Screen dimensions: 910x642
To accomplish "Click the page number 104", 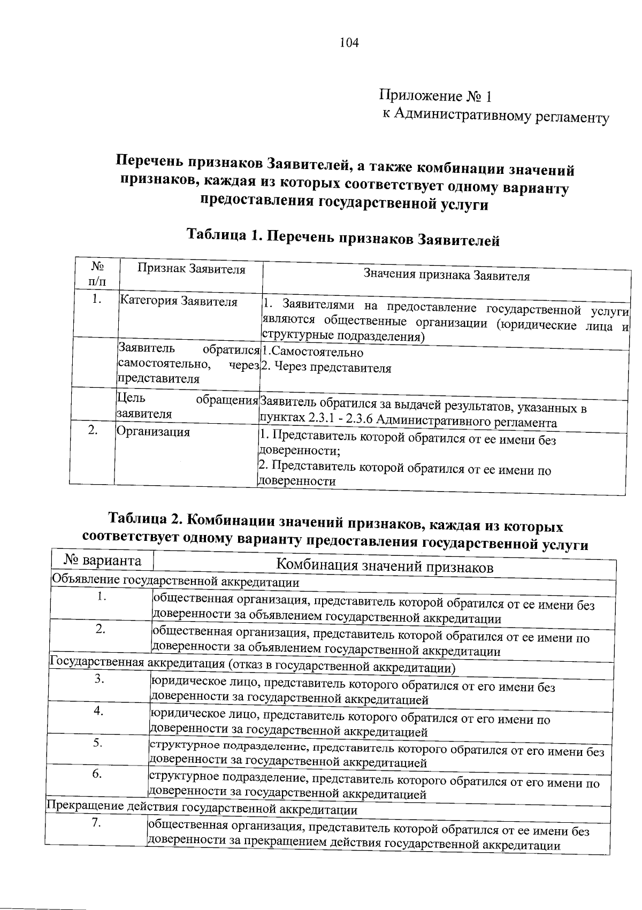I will tap(348, 42).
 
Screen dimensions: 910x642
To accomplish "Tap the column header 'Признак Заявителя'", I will tap(191, 269).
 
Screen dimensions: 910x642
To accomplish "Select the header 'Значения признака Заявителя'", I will tap(446, 276).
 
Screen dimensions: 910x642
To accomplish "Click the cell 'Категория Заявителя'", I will tap(178, 301).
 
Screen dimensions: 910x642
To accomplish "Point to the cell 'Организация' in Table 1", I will tap(153, 431).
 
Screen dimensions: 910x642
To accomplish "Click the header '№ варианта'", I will tap(103, 561).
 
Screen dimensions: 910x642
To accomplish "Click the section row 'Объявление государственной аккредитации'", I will tap(175, 581).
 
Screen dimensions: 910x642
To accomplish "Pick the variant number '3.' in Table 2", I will tap(99, 678).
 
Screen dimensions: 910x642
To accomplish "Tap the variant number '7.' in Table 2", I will tap(96, 823).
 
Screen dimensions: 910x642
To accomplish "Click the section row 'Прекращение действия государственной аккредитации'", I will tap(202, 809).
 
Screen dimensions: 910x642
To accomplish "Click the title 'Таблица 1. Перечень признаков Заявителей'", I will tap(342, 237).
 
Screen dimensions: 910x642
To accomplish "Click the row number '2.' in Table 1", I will tap(93, 430).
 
